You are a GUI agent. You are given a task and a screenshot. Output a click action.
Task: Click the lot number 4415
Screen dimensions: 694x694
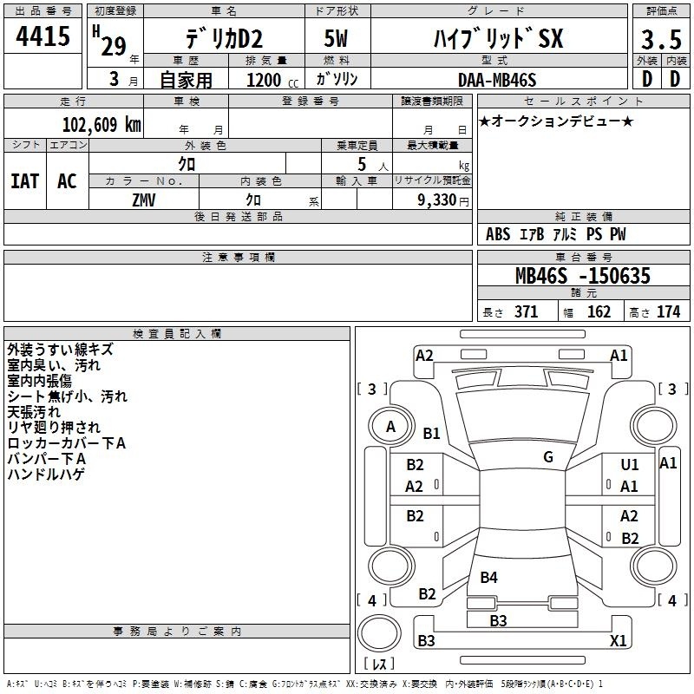click(43, 36)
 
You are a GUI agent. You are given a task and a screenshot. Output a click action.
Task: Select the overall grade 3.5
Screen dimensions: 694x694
click(661, 39)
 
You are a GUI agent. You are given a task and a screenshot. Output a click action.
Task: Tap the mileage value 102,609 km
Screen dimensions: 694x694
click(101, 125)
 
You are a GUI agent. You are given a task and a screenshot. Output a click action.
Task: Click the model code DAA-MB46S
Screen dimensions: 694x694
click(497, 80)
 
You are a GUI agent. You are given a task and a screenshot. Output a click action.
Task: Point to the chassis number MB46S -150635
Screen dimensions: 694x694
click(583, 276)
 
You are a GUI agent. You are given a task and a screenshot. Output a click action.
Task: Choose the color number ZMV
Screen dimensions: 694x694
click(144, 200)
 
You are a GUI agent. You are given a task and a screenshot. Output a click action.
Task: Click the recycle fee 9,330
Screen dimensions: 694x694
click(437, 200)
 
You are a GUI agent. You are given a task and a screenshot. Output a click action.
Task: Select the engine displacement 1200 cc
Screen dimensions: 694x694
click(272, 80)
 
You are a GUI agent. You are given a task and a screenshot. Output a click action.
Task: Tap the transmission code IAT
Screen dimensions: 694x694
click(25, 181)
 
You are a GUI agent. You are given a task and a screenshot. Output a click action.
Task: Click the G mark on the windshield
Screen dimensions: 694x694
click(548, 457)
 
